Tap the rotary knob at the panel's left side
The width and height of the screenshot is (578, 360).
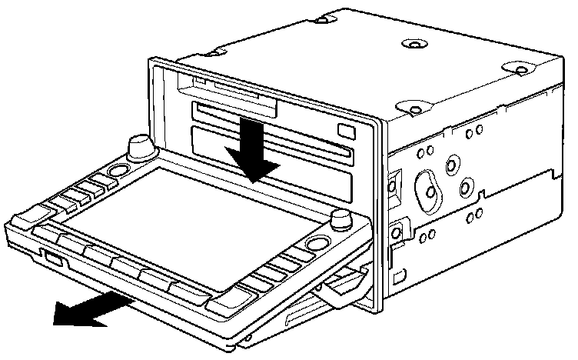coord(140,145)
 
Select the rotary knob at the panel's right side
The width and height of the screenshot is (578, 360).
coord(339,220)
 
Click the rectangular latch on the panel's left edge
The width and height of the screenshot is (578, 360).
coord(52,258)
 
